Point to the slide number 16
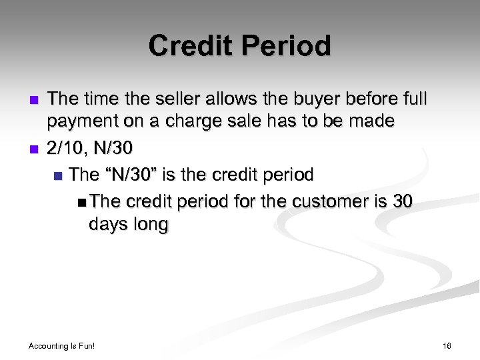pos(446,346)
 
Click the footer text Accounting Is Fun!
pos(62,346)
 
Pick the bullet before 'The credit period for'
pos(81,201)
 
